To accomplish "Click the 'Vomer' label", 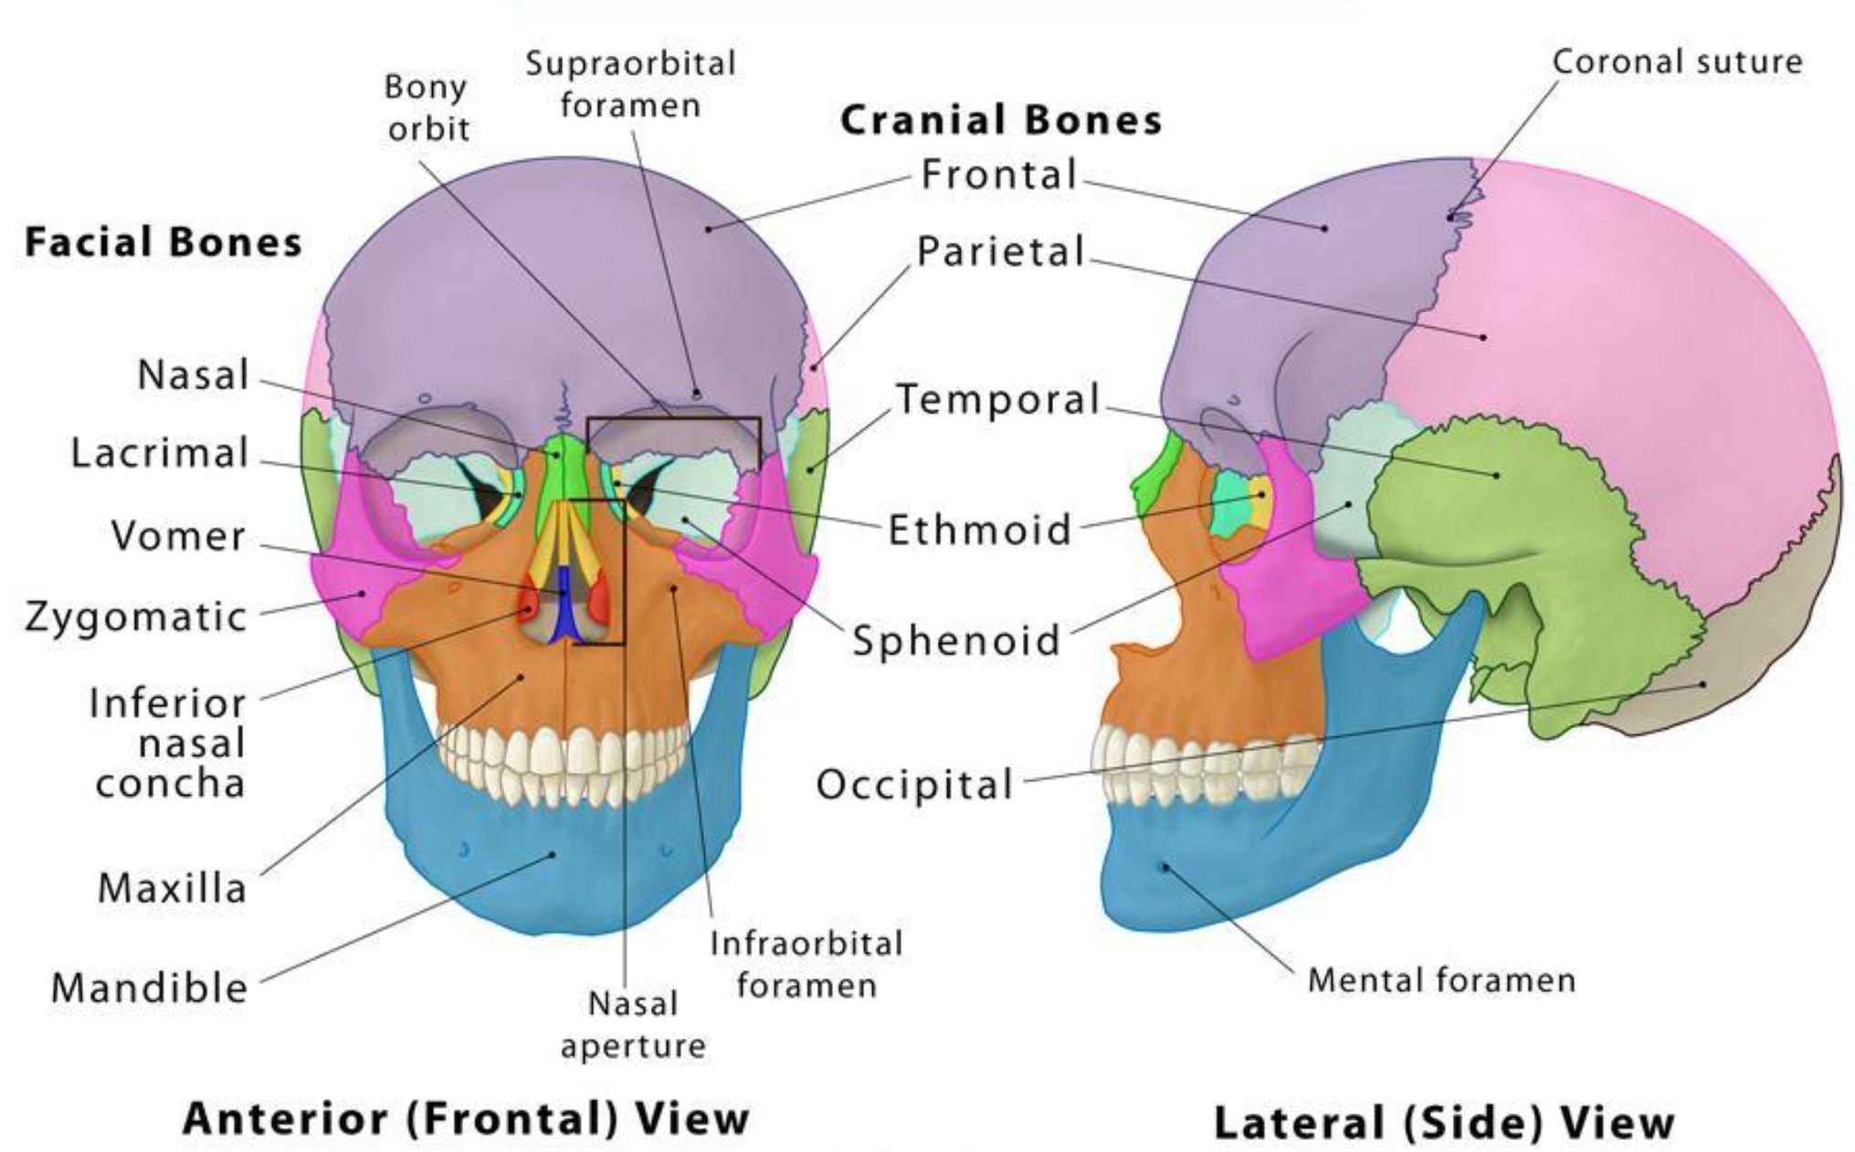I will (x=178, y=536).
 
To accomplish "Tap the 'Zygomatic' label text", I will (x=136, y=618).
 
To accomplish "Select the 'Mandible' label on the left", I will (x=149, y=988).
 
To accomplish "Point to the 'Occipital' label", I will (x=914, y=784).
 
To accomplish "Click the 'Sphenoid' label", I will (x=956, y=639).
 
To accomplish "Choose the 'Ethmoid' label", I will (x=980, y=530).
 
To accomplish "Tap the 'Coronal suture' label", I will (x=1678, y=62).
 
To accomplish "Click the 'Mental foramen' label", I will (x=1442, y=980).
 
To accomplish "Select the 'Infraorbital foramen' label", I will (x=806, y=964).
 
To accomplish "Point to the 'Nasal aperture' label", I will (x=633, y=1024).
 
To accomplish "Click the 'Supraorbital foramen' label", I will (x=630, y=84).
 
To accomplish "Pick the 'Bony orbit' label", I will (x=427, y=108).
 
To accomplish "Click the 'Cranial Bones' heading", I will (x=1001, y=120).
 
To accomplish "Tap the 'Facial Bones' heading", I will (x=163, y=242).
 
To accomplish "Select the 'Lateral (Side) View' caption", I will (x=1444, y=1121).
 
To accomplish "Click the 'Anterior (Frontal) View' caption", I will (x=466, y=1117).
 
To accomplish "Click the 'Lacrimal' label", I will (x=160, y=453).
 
